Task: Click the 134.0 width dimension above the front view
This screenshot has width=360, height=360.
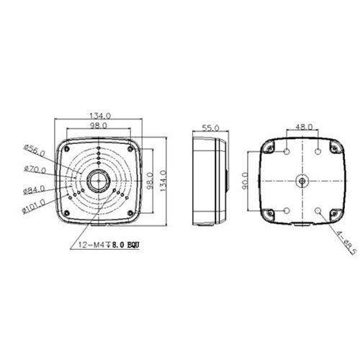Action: point(99,115)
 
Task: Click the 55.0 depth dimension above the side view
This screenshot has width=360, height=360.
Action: point(211,127)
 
